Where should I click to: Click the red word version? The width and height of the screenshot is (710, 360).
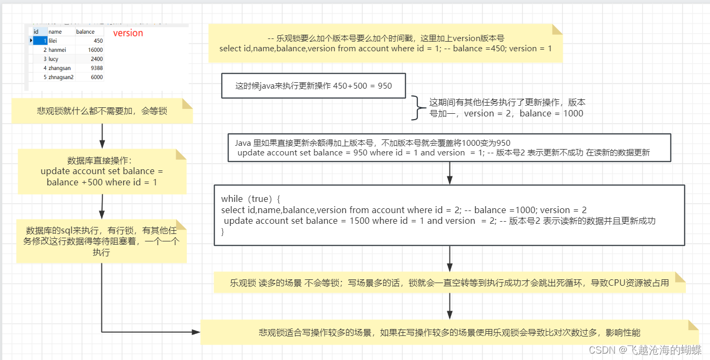point(128,33)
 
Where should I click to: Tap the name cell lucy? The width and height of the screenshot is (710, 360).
point(53,59)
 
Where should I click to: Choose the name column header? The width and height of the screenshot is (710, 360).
point(55,32)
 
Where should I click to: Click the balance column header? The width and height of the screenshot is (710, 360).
point(85,32)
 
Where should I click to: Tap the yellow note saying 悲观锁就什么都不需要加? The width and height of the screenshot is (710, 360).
point(102,111)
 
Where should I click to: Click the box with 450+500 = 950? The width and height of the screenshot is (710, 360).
point(313,85)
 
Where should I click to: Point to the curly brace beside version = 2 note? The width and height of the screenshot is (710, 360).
point(416,107)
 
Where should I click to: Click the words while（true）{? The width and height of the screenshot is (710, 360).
point(250,199)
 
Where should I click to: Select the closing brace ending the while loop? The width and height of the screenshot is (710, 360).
point(223,232)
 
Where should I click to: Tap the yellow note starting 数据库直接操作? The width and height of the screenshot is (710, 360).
point(102,171)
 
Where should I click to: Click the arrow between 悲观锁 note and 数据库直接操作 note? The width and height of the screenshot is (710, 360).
point(102,136)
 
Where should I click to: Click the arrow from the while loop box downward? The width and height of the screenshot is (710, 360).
point(450,259)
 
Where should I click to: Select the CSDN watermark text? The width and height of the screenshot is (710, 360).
point(644,350)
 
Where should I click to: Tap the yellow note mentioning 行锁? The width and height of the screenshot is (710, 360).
point(101,241)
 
